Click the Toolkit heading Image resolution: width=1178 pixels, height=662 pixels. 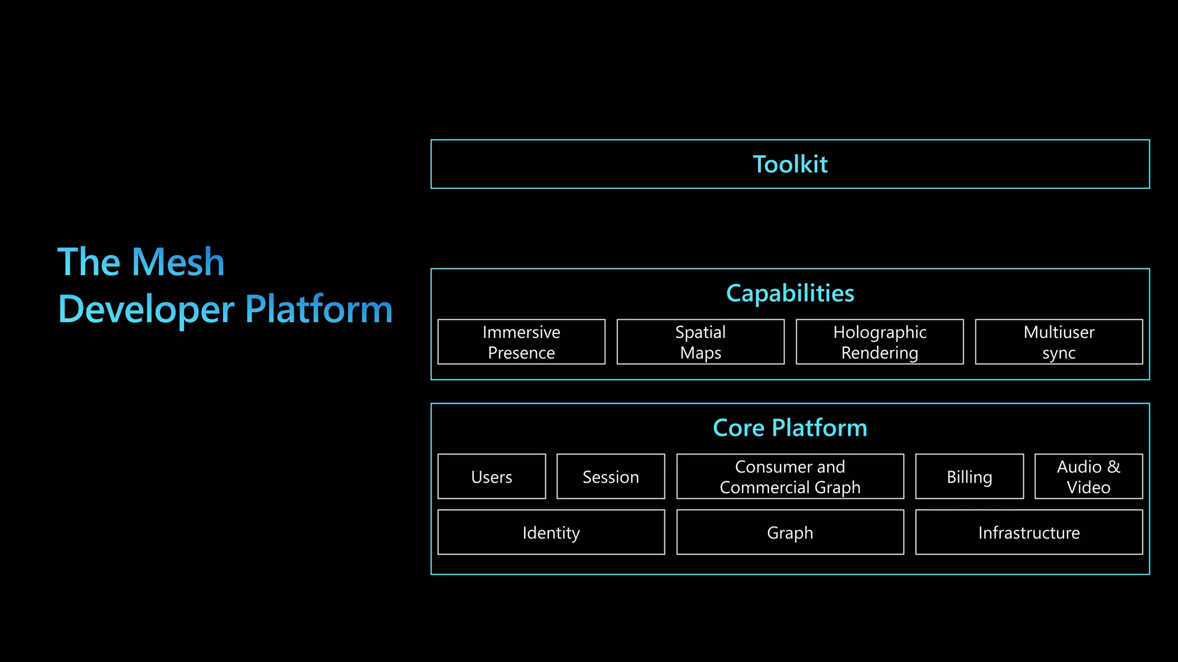[790, 164]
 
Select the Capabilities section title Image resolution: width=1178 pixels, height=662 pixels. [790, 293]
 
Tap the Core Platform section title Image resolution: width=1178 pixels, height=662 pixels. [790, 428]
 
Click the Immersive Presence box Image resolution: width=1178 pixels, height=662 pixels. [521, 342]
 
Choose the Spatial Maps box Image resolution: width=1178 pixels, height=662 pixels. [700, 342]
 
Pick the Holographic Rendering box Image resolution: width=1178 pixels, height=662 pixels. [879, 342]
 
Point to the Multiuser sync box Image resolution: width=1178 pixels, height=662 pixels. [1058, 342]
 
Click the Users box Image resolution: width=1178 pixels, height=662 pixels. [491, 477]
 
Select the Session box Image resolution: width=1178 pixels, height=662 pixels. [610, 477]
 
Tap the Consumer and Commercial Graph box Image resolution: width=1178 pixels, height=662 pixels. [790, 477]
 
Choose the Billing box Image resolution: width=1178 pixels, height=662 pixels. [969, 477]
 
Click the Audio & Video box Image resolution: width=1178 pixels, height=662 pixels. [1088, 477]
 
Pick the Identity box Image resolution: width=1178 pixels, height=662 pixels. [551, 533]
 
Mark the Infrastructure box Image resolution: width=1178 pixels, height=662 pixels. [1028, 533]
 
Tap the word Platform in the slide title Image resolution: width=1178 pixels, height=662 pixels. [319, 309]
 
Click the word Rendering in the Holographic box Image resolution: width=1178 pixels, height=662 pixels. [879, 353]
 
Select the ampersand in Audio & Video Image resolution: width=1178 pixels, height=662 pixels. [1114, 467]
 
